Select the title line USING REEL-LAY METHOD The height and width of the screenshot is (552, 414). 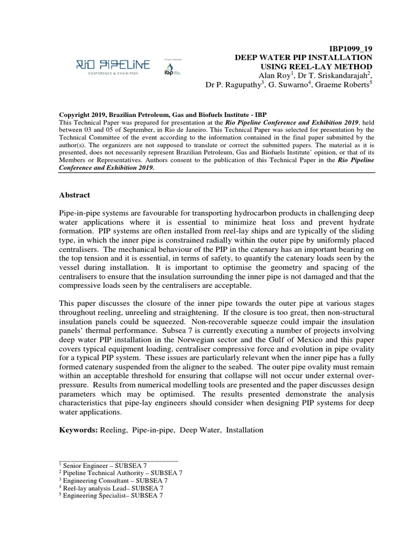click(318, 66)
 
